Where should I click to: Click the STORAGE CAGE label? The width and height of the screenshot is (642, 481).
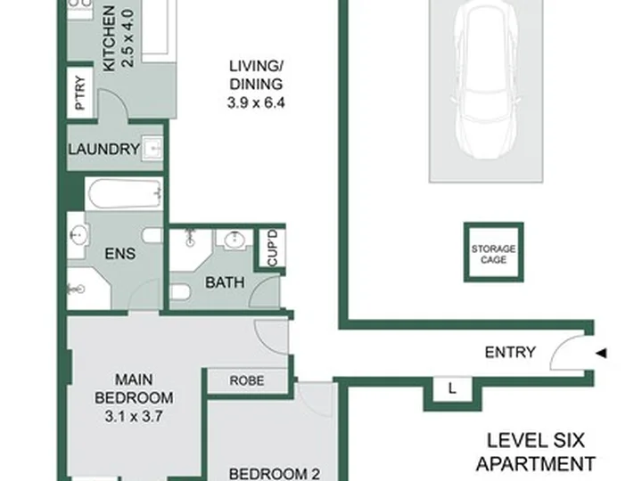[493, 254]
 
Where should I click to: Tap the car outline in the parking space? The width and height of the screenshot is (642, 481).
[486, 80]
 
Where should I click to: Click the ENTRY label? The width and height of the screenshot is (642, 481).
[510, 352]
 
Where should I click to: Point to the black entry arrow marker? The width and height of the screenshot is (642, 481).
[601, 353]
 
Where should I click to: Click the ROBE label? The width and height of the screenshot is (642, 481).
[247, 380]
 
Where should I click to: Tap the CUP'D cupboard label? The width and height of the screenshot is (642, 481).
[273, 248]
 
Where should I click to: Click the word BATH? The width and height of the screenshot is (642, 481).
[225, 282]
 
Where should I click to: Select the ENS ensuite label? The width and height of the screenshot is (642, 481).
[120, 254]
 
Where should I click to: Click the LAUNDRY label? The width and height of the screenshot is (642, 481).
[104, 149]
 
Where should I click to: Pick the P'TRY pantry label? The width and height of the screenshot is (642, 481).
[80, 93]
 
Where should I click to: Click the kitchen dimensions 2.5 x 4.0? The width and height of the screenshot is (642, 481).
[128, 38]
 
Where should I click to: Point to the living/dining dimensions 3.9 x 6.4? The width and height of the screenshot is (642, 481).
[256, 102]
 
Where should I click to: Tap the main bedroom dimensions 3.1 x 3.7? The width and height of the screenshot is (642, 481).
[134, 416]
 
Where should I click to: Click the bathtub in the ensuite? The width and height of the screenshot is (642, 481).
[124, 194]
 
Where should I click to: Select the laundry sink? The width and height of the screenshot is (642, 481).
[152, 148]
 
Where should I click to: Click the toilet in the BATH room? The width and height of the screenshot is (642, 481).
[180, 291]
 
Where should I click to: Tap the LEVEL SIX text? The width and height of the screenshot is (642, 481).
[536, 441]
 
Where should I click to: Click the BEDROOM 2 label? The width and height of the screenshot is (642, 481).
[275, 475]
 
